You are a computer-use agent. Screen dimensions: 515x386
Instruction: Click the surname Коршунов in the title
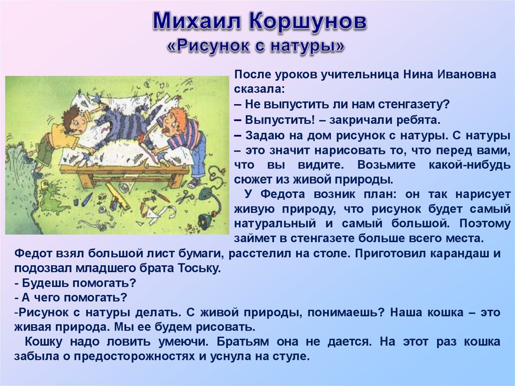click(308, 22)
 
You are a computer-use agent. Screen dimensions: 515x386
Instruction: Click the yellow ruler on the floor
click(118, 197)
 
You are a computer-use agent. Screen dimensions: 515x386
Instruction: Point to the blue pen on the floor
click(88, 198)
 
